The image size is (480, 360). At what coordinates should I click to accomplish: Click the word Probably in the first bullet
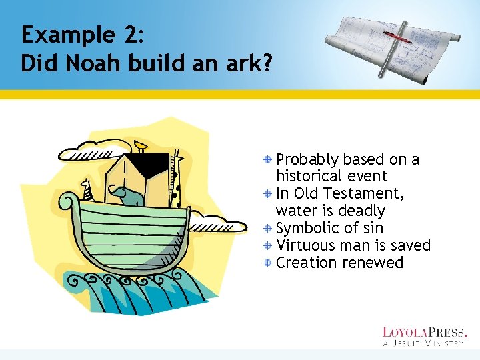tap(307, 160)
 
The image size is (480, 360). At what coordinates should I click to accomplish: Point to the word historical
tap(309, 177)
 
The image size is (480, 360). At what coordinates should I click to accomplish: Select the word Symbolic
tap(307, 229)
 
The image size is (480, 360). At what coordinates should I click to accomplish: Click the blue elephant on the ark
tap(128, 195)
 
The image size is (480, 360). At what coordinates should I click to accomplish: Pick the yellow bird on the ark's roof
tap(140, 145)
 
